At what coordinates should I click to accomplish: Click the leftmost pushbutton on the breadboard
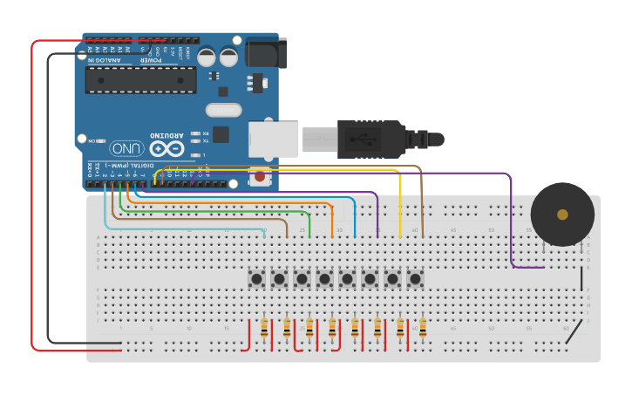click(256, 279)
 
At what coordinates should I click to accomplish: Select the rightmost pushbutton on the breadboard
click(415, 279)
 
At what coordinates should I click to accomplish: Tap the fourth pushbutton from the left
click(324, 279)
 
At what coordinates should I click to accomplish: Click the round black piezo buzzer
click(562, 215)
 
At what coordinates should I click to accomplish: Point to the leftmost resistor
click(264, 329)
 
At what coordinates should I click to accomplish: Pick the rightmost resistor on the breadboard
click(423, 329)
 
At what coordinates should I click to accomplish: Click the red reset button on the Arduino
click(259, 177)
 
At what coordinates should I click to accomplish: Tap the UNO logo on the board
click(126, 148)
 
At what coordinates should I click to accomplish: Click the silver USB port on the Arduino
click(273, 140)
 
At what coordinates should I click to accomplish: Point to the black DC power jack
click(264, 53)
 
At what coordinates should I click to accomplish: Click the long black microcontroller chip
click(140, 80)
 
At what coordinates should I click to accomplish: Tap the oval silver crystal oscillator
click(224, 110)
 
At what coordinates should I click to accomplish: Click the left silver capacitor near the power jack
click(207, 57)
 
